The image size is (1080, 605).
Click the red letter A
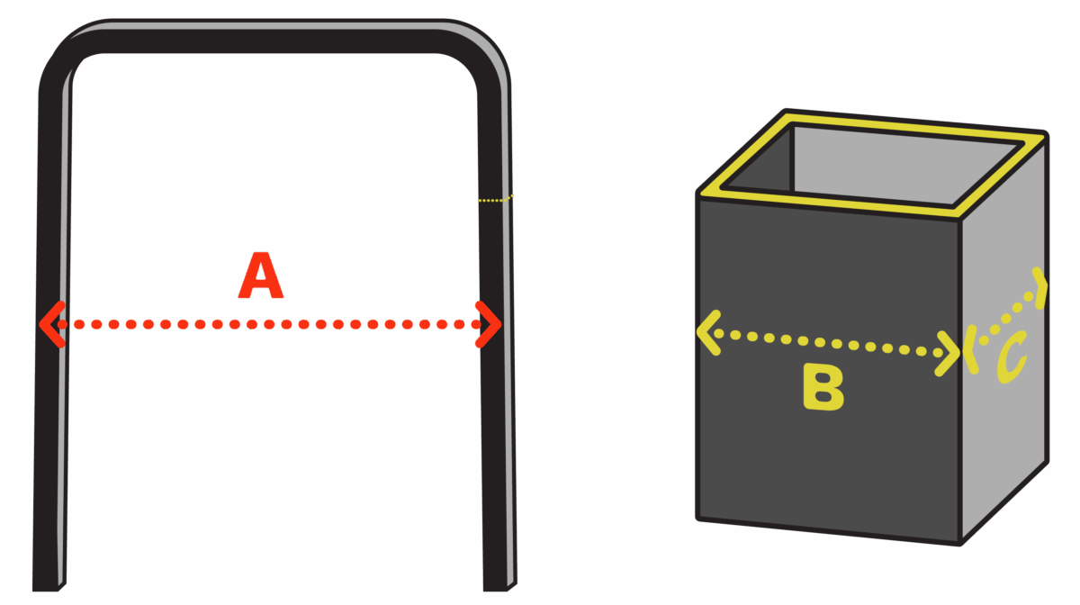(x=260, y=277)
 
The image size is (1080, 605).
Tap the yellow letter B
(x=823, y=389)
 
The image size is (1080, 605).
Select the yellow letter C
(x=1011, y=358)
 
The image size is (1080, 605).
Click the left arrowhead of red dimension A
(x=51, y=324)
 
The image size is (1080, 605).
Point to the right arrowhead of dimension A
(x=489, y=324)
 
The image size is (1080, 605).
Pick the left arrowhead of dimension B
(x=708, y=331)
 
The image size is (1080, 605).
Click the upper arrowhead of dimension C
(x=1040, y=286)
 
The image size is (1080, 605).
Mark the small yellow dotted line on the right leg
(x=495, y=199)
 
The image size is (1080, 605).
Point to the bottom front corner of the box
(x=960, y=543)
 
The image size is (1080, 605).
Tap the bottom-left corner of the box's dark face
(x=700, y=518)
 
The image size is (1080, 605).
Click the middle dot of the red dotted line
(x=269, y=324)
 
